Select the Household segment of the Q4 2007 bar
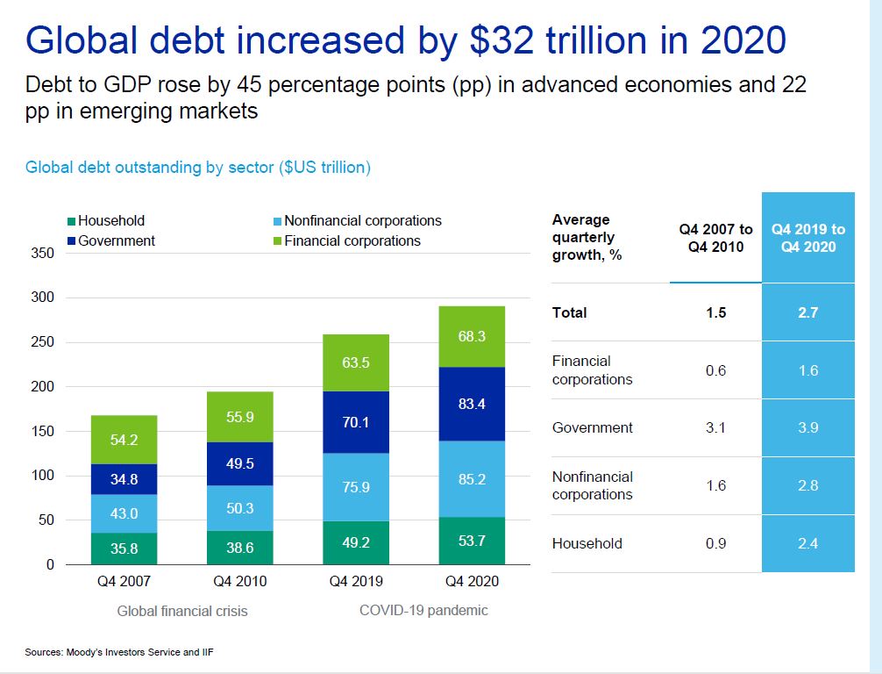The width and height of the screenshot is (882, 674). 124,549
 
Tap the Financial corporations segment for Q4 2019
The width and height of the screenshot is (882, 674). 356,362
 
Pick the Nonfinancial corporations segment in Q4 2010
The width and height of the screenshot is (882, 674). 239,501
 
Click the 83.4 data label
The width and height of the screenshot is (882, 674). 472,405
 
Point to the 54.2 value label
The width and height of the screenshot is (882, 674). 124,440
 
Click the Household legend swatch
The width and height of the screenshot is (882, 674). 72,221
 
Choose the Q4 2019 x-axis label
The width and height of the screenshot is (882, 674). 356,581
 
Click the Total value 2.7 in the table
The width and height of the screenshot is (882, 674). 807,312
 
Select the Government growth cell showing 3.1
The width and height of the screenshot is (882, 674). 715,428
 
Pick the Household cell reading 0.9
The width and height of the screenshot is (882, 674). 715,544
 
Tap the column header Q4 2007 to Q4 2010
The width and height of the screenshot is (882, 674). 715,238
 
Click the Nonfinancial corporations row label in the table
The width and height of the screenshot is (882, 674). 593,485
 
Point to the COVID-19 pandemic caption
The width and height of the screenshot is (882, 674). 423,610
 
